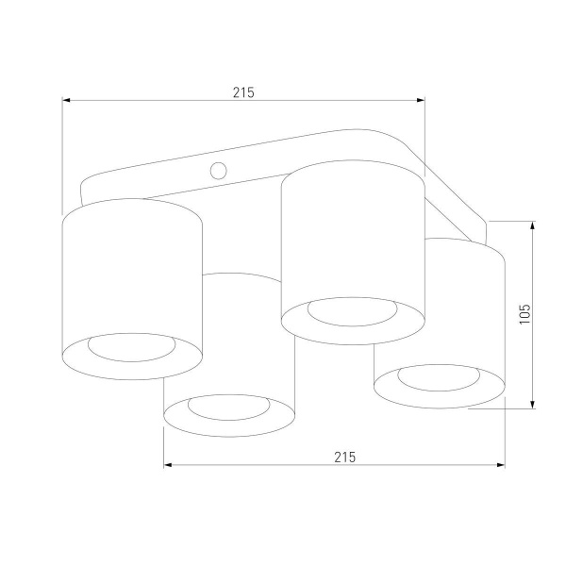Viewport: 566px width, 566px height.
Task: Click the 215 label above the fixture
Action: coord(243,92)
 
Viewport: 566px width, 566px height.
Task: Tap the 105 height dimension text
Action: coord(525,314)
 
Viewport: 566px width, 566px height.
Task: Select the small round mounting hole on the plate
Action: coord(219,171)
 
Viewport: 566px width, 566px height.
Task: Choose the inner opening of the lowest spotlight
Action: coord(229,408)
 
